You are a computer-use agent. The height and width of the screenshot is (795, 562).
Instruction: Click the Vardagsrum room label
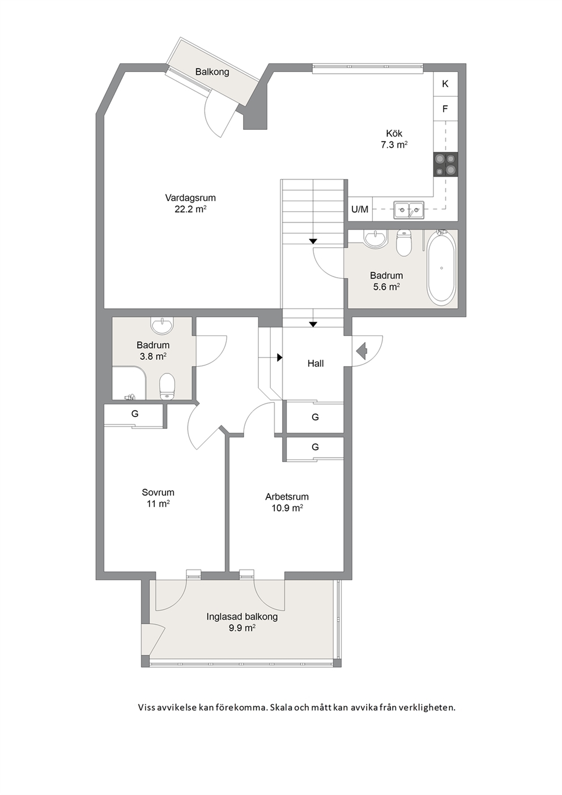click(x=190, y=198)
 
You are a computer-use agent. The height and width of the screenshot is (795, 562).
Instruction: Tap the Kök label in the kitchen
click(x=394, y=134)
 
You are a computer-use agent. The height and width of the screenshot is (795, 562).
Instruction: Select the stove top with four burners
click(x=445, y=164)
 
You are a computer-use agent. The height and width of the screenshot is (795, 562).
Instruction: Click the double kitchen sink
click(x=408, y=210)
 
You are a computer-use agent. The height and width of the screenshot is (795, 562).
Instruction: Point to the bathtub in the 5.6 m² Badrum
click(x=441, y=267)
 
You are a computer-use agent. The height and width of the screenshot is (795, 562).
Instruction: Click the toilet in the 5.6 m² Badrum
click(x=403, y=243)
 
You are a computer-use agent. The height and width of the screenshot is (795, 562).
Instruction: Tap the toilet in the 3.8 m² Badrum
click(x=167, y=386)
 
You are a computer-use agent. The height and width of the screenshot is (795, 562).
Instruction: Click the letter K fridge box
click(x=445, y=84)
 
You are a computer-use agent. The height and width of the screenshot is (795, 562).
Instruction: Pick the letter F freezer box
click(x=445, y=109)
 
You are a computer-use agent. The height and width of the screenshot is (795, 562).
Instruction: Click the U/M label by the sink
click(x=360, y=210)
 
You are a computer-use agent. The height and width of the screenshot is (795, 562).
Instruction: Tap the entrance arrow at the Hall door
click(x=361, y=351)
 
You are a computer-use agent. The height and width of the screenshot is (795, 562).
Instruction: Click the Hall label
click(x=316, y=363)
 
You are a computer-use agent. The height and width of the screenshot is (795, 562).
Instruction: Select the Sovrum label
click(x=158, y=492)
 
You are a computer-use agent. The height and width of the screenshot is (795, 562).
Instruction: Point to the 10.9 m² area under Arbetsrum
click(x=287, y=508)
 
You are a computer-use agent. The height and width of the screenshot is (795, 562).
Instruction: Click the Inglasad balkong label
click(x=242, y=617)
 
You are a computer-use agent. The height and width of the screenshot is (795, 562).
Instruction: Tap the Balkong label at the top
click(x=212, y=72)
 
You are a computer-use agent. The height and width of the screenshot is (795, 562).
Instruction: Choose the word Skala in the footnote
click(x=282, y=707)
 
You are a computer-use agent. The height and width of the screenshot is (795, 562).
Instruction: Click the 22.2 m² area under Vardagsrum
click(x=190, y=209)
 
